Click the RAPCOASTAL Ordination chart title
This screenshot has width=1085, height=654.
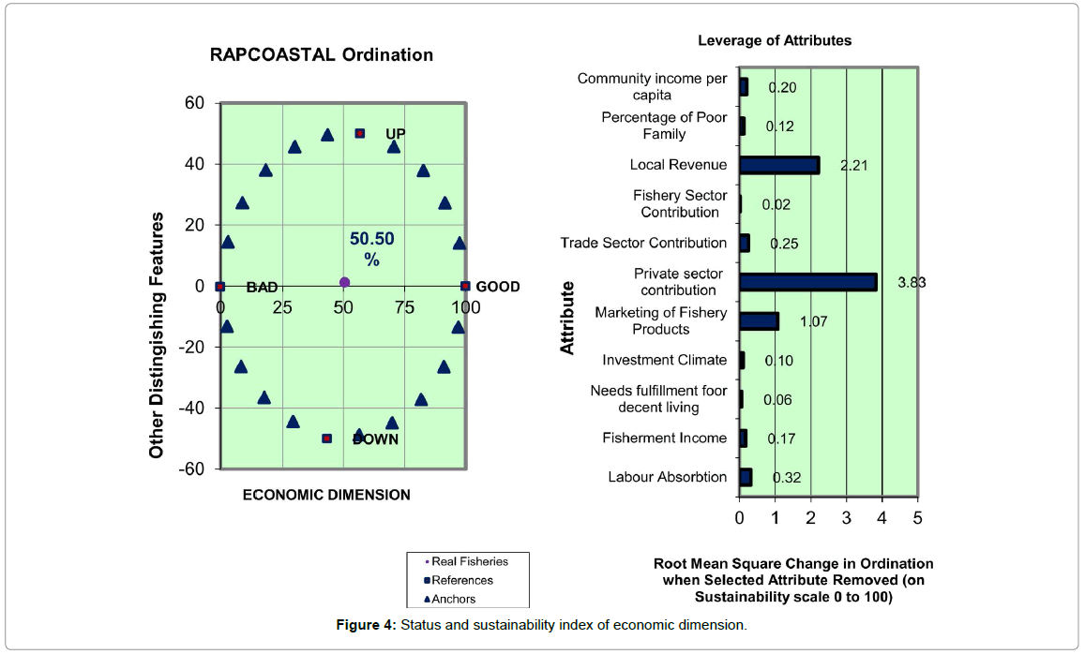pyautogui.click(x=322, y=54)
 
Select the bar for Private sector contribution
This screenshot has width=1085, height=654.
pyautogui.click(x=807, y=282)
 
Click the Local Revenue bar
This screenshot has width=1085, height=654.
pyautogui.click(x=778, y=165)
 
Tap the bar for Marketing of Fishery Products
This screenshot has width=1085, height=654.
pyautogui.click(x=759, y=321)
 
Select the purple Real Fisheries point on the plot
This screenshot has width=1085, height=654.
pyautogui.click(x=344, y=282)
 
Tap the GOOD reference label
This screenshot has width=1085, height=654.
pyautogui.click(x=498, y=287)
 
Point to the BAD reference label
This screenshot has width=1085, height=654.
pyautogui.click(x=262, y=288)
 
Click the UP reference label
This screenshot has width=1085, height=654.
pyautogui.click(x=396, y=134)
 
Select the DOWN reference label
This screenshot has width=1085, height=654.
pyautogui.click(x=376, y=438)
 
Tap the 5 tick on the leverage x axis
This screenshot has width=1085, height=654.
pyautogui.click(x=917, y=517)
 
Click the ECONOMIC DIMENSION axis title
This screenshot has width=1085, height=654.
pyautogui.click(x=326, y=495)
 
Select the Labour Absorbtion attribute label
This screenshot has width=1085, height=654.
pyautogui.click(x=667, y=477)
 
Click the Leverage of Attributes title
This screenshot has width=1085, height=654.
pyautogui.click(x=775, y=40)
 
